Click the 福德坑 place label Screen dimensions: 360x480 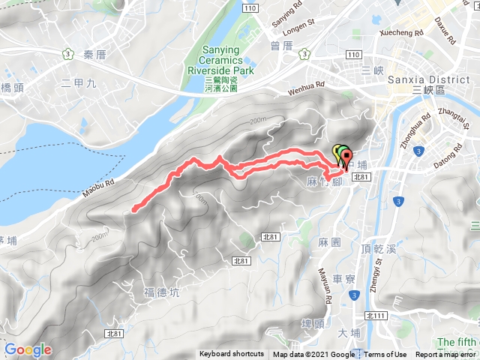click(x=159, y=291)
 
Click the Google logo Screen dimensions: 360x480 click(x=28, y=349)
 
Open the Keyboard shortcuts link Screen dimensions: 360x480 click(x=232, y=355)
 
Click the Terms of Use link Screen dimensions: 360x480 click(x=385, y=355)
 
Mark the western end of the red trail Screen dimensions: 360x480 click(x=133, y=210)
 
